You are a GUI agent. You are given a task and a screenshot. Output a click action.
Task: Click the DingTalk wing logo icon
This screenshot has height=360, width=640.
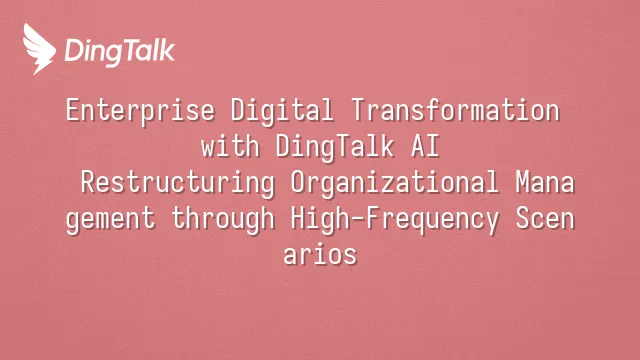point(39,49)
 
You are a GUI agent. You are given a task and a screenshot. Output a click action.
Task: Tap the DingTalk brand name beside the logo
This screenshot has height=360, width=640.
point(120,52)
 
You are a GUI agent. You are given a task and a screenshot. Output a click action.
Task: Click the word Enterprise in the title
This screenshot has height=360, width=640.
point(140,111)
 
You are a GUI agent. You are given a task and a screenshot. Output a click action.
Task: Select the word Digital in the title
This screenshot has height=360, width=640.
point(282,111)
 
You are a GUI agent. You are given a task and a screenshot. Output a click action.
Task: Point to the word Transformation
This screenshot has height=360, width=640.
point(455,110)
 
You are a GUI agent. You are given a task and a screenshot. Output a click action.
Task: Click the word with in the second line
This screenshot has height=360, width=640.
point(230,146)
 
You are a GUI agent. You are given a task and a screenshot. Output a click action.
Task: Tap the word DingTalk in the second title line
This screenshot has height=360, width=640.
point(335,147)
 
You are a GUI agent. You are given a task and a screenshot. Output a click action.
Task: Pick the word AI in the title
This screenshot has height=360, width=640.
point(425,146)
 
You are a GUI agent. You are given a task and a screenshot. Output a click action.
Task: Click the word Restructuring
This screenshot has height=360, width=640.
point(178,183)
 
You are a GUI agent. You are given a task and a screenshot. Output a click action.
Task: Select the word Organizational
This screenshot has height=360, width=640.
point(395,183)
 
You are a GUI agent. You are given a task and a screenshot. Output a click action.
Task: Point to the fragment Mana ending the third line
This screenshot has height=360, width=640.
point(545,182)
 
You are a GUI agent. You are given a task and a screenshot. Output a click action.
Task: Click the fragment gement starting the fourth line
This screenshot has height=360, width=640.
point(111,219)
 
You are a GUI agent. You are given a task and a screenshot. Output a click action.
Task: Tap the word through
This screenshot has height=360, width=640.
point(223,219)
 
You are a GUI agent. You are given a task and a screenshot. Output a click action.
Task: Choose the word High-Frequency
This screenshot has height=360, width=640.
point(395,219)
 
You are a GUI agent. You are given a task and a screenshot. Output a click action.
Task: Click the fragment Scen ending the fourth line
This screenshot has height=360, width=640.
point(545,218)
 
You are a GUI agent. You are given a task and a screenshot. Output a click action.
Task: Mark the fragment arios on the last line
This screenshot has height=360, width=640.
point(320,254)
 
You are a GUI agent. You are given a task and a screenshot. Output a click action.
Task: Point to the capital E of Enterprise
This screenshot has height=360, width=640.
point(73,110)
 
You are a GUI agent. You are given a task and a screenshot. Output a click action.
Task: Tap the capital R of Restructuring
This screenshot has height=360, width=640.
point(88,182)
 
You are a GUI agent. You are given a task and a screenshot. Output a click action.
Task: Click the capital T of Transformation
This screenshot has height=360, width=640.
point(358,110)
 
